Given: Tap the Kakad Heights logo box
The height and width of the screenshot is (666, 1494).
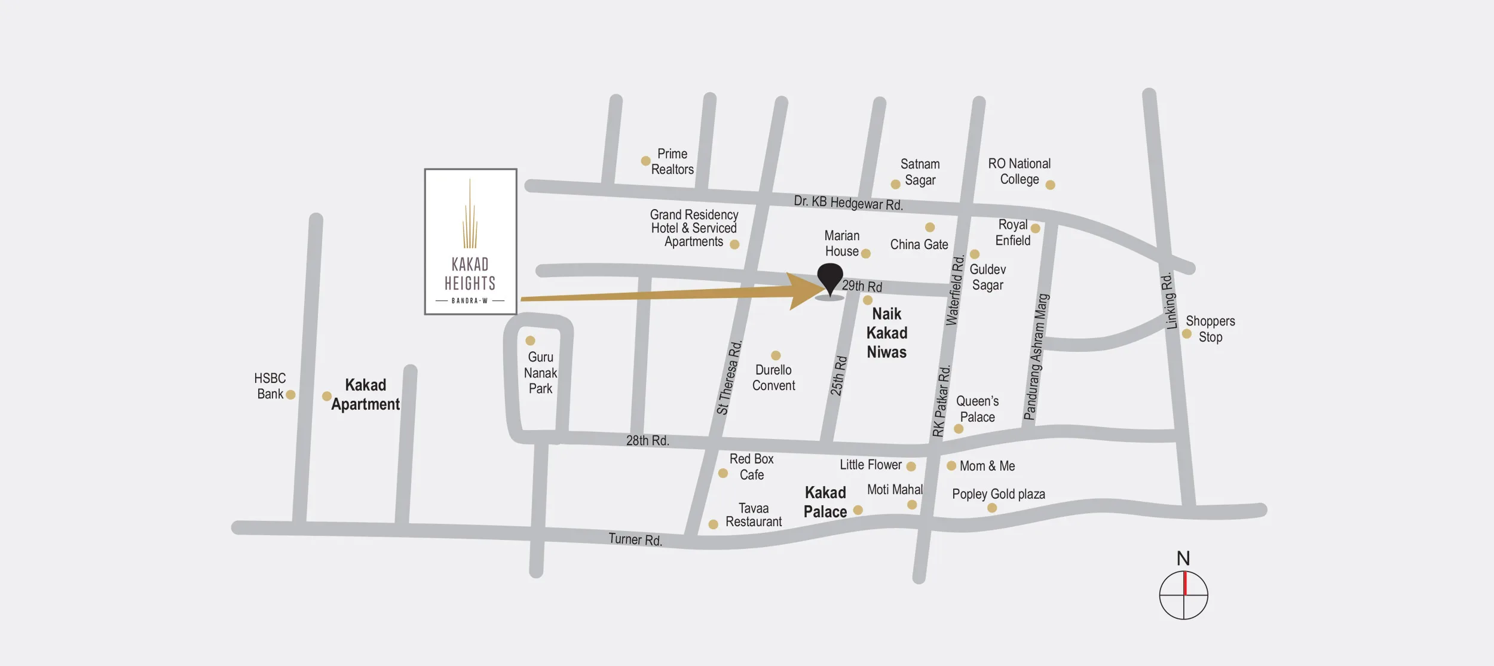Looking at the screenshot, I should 470,241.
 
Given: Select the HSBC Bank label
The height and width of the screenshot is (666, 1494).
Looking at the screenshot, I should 270,386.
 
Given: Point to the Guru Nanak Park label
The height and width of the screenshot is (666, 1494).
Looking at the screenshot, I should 540,373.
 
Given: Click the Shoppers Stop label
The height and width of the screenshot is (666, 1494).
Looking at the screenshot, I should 1210,329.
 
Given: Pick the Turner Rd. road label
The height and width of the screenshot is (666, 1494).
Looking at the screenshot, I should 635,539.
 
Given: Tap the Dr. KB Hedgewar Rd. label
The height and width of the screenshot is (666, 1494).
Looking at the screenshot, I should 847,202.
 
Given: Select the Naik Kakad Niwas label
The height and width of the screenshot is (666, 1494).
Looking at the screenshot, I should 887,333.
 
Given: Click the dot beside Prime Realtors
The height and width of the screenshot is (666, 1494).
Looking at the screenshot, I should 645,161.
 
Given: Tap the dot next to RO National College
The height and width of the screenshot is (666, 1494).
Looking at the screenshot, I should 1050,185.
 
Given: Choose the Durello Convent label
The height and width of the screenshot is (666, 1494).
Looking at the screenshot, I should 773,377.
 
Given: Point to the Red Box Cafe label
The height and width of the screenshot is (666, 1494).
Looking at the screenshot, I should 751,466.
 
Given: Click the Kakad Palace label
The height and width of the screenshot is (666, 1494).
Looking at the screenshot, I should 825,502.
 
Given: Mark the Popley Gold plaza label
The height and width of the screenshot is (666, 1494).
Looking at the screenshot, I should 998,494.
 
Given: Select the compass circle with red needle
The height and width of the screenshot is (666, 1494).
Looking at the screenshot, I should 1183,595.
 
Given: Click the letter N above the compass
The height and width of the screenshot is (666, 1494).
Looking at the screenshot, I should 1183,558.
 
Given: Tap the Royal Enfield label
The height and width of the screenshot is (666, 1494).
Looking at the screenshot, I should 1013,232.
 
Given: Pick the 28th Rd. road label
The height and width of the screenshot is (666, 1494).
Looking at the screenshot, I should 647,440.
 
